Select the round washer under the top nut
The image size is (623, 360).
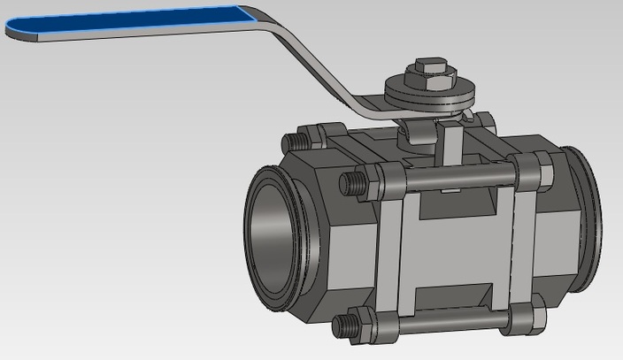point(431,91)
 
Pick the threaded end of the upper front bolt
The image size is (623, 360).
point(350,183)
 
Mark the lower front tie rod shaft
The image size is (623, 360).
point(451,320)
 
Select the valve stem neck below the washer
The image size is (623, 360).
point(421,132)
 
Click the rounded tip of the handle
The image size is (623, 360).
point(13,30)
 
